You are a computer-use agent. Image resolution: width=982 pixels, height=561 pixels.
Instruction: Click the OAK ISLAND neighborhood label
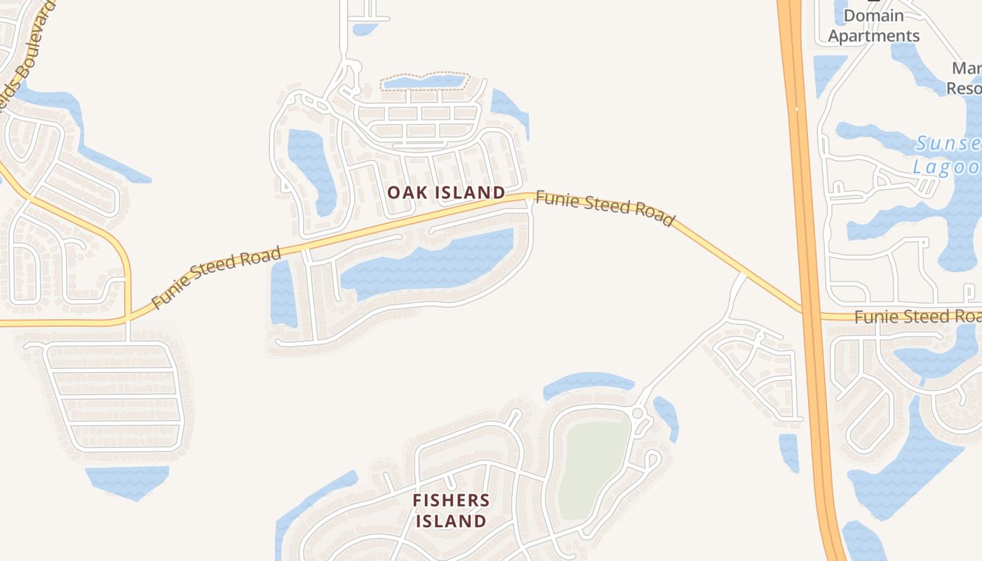[446, 192]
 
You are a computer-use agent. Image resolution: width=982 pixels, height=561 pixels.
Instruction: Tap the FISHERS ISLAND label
[450, 511]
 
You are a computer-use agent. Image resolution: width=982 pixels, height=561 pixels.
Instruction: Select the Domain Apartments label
[873, 26]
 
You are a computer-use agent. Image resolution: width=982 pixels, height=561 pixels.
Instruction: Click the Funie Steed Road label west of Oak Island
[216, 277]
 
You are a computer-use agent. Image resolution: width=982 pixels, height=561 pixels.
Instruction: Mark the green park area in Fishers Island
[593, 466]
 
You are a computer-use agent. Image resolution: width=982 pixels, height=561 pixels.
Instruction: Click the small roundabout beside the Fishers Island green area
[637, 413]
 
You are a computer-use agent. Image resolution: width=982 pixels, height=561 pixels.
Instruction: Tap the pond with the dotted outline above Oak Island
[423, 82]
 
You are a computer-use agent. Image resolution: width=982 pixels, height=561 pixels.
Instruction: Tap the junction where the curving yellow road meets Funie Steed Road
[128, 319]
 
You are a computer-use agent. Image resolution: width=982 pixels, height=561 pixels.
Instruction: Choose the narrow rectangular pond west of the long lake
[283, 294]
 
